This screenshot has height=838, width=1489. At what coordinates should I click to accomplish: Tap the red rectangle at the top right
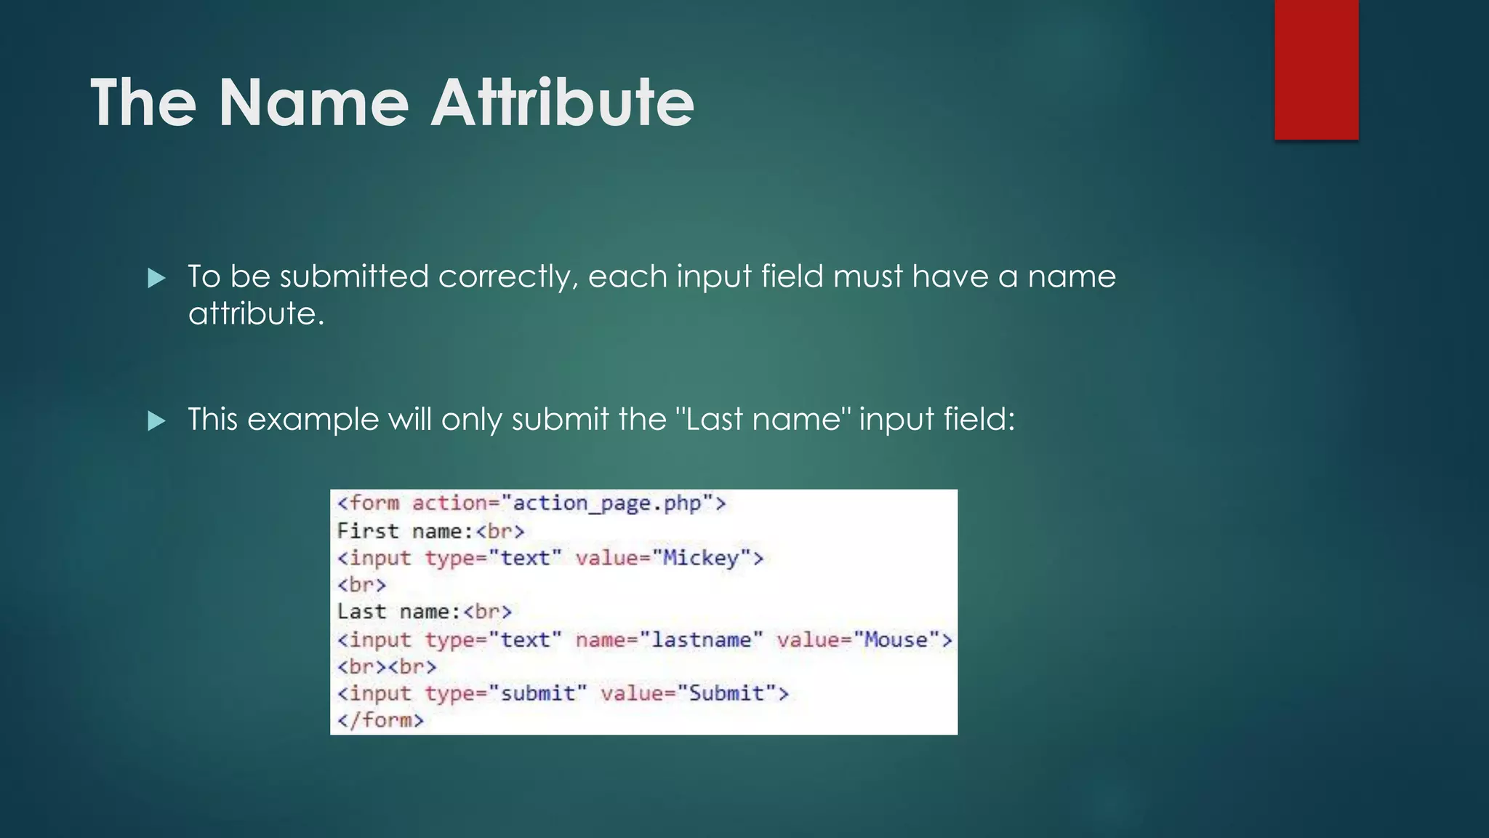pyautogui.click(x=1316, y=69)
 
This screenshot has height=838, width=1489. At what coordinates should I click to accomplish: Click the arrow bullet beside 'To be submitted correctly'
pyautogui.click(x=156, y=278)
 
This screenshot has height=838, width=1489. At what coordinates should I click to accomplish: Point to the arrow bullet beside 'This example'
pyautogui.click(x=156, y=420)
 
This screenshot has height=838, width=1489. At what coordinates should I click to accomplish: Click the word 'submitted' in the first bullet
pyautogui.click(x=354, y=276)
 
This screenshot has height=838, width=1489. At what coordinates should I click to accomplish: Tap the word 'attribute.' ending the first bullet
pyautogui.click(x=256, y=314)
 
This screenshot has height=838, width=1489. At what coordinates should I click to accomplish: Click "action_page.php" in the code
pyautogui.click(x=607, y=503)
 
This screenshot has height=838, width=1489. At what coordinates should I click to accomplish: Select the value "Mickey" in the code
pyautogui.click(x=701, y=558)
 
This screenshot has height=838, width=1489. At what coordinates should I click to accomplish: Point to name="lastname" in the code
pyautogui.click(x=669, y=639)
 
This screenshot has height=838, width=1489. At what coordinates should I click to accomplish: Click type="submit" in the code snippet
pyautogui.click(x=505, y=693)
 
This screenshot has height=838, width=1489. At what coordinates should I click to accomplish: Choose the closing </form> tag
pyautogui.click(x=380, y=720)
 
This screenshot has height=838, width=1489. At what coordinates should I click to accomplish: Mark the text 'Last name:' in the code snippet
pyautogui.click(x=398, y=612)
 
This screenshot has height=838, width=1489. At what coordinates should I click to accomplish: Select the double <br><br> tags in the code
pyautogui.click(x=387, y=666)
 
